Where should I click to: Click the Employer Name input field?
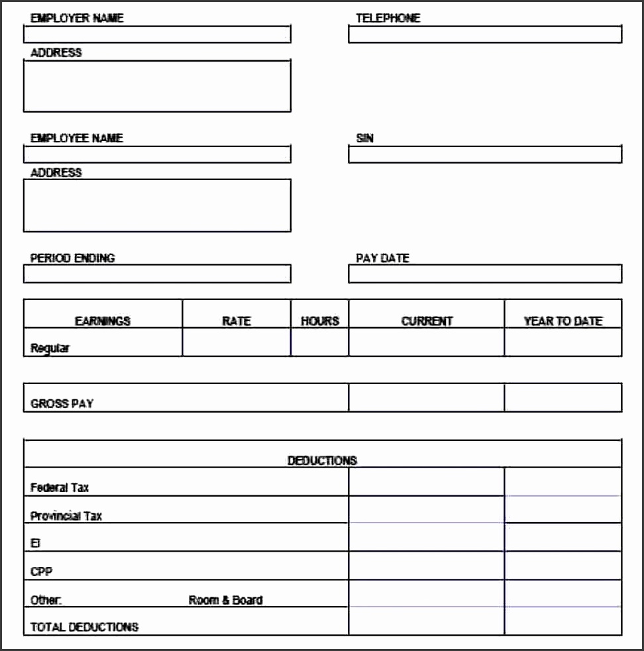157,34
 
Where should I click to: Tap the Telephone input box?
485,34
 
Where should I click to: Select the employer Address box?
157,86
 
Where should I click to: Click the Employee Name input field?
157,154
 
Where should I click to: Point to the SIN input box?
485,154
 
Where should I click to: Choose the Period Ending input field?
157,274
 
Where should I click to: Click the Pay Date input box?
485,274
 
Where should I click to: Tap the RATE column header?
236,321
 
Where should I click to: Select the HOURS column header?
320,321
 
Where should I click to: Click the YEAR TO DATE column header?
563,321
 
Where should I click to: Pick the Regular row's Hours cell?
319,342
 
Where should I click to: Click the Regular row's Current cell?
426,342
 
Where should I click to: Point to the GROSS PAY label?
62,403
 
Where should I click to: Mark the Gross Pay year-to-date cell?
563,397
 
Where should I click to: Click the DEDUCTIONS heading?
322,460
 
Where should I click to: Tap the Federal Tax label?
60,488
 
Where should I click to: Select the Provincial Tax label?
66,516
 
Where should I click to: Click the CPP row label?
41,571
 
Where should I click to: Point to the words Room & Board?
225,600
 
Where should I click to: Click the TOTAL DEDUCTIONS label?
84,626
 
